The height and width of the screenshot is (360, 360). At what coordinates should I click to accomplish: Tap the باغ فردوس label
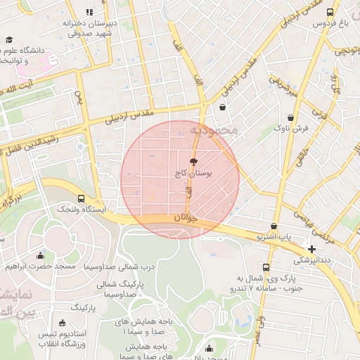point(311,23)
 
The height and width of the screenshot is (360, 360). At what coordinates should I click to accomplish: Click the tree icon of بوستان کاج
point(194,161)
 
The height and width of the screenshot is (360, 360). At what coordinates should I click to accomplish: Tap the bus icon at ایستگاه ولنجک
point(81,199)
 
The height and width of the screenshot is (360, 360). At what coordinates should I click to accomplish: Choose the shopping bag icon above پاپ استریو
point(274,226)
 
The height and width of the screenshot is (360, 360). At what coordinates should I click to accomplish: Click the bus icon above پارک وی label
point(265,267)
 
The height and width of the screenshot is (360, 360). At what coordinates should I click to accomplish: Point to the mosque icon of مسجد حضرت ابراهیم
point(40,255)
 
